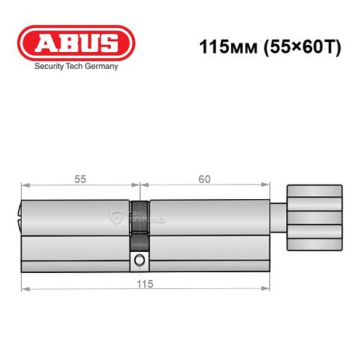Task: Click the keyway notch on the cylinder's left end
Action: (x=20, y=214)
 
